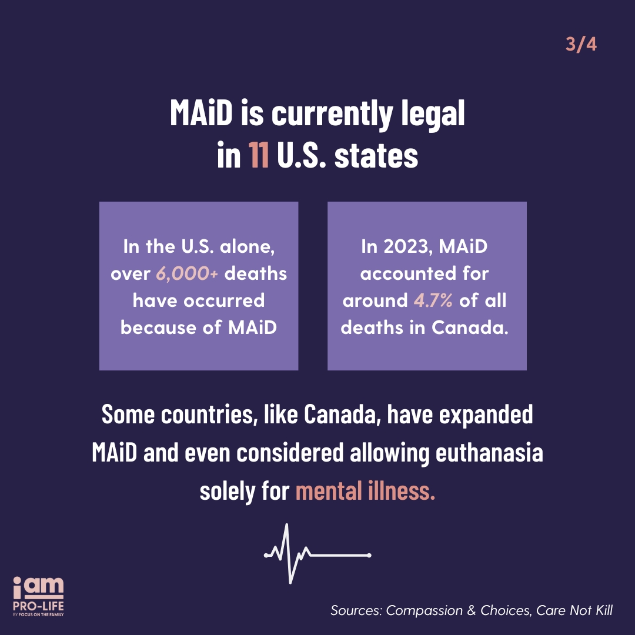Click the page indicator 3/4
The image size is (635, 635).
point(581,45)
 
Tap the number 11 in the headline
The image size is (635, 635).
point(259,155)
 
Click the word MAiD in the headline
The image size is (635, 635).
point(201,112)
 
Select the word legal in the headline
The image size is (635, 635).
point(433,115)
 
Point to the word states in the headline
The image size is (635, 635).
point(376,156)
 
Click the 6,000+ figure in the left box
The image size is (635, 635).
point(187,274)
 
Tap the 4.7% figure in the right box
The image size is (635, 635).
point(433,300)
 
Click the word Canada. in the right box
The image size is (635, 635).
point(470,327)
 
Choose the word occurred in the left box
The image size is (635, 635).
point(224,300)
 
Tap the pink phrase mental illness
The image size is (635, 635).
point(365,491)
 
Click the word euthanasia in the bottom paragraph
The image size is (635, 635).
point(489,453)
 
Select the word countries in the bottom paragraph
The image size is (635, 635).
point(209,415)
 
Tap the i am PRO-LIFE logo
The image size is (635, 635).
point(38,596)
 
